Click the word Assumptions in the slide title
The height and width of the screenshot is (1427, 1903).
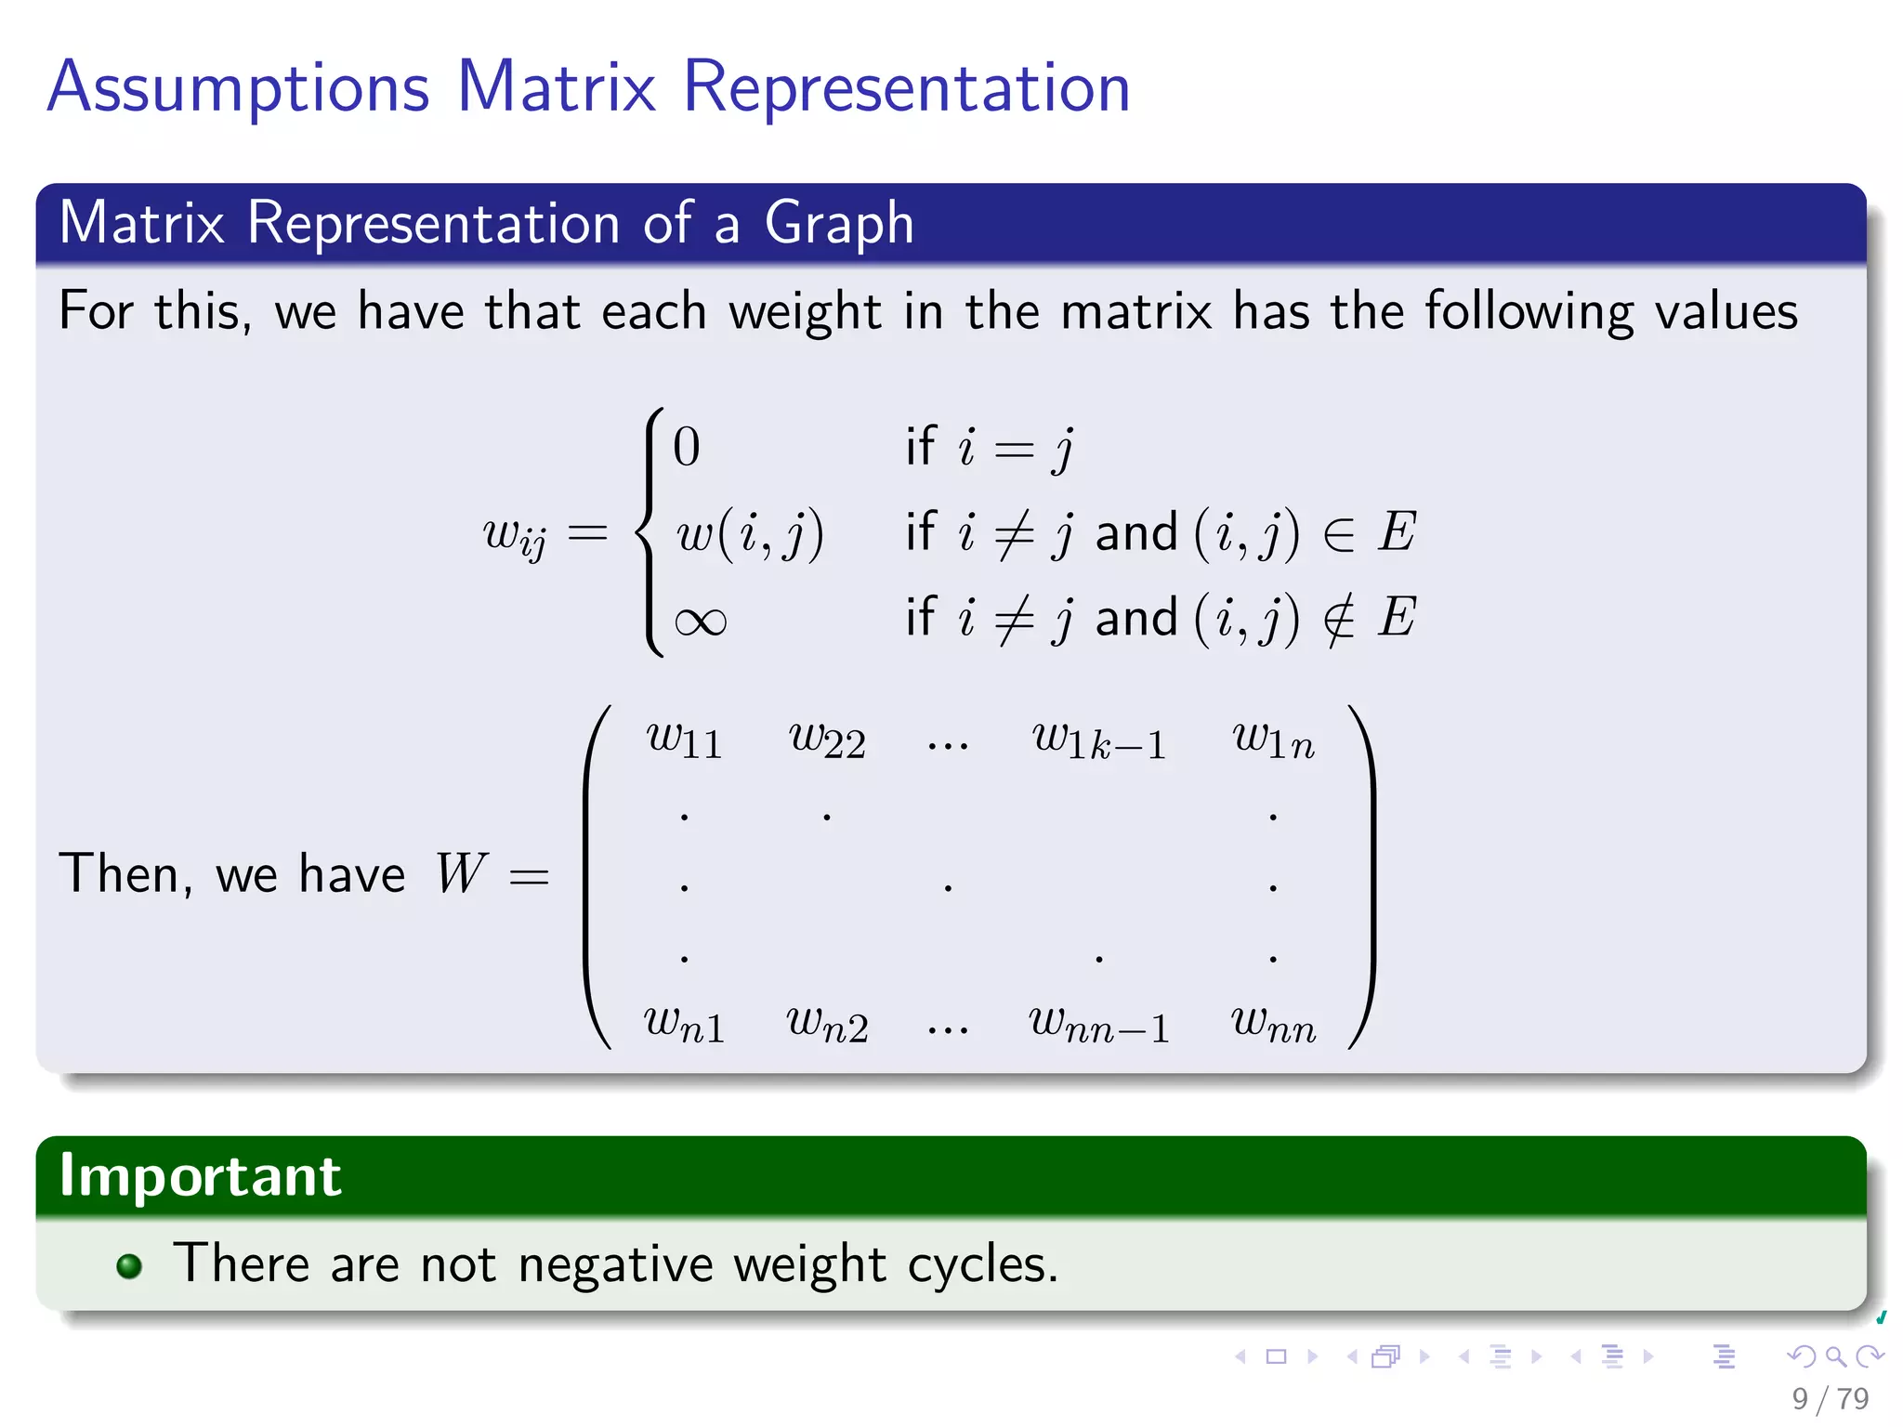click(238, 88)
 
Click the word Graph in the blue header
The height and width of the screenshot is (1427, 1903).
click(838, 224)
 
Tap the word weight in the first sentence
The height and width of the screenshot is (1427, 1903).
click(805, 312)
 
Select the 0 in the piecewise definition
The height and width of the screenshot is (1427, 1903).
click(686, 447)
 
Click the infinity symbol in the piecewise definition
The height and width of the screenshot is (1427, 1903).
click(700, 621)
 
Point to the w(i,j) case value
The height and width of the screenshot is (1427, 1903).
click(749, 534)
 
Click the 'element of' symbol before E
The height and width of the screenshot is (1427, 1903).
click(1339, 534)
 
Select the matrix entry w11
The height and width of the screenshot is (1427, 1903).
click(684, 740)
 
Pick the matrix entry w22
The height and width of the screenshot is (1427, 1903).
click(827, 740)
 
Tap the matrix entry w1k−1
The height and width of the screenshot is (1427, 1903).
click(1099, 741)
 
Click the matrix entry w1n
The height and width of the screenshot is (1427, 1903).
click(1273, 740)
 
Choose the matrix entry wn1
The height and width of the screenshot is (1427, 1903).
click(684, 1025)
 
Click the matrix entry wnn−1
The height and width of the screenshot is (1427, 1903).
click(1099, 1025)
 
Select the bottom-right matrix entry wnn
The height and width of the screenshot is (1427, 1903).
click(1273, 1025)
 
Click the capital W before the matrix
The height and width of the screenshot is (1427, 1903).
click(460, 873)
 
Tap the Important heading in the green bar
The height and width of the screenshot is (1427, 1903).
click(200, 1176)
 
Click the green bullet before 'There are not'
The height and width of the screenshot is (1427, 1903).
click(129, 1266)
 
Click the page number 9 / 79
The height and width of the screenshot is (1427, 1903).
click(1830, 1398)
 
